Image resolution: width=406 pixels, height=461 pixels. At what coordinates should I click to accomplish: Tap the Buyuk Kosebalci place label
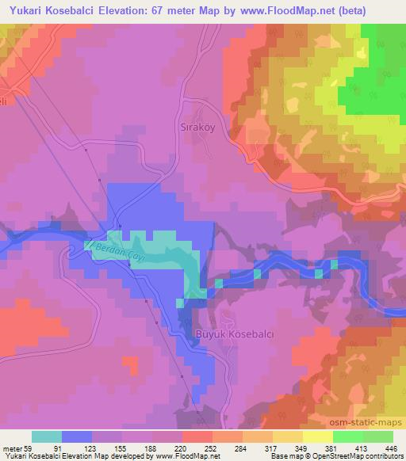coord(234,335)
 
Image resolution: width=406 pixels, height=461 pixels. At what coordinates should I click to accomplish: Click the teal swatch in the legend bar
coord(46,436)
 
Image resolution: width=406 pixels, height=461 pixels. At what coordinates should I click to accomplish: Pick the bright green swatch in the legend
coord(347,436)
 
